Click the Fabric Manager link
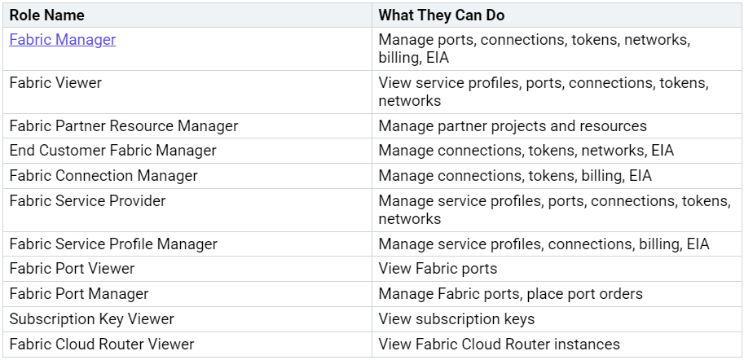point(63,40)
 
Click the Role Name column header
point(46,15)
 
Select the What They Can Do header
point(440,15)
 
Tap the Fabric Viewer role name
point(55,83)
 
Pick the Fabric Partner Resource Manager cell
point(124,126)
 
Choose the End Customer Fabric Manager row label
point(113,151)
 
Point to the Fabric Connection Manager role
point(103,176)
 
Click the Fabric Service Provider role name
point(87,201)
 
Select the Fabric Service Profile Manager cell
point(113,244)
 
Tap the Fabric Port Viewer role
point(72,269)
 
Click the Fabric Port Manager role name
point(79,294)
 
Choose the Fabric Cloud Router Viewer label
point(102,345)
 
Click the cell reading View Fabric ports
point(438,269)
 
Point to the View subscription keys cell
point(456,319)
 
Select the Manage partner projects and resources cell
point(513,126)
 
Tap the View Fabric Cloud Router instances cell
point(499,345)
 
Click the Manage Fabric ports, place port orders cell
point(511,294)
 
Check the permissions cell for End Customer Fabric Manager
point(526,151)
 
